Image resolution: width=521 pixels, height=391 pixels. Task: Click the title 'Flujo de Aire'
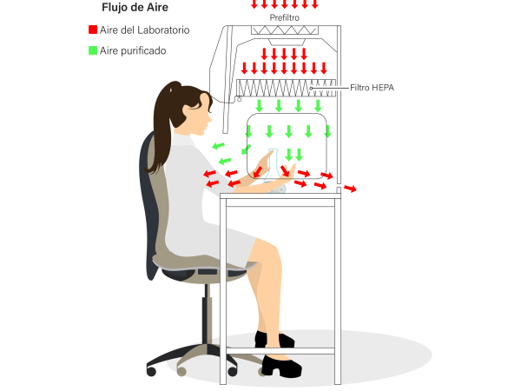135,7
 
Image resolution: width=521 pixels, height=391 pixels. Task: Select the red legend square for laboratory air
93,30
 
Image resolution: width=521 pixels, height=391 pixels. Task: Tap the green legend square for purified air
93,50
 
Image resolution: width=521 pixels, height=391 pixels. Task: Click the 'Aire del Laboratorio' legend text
144,30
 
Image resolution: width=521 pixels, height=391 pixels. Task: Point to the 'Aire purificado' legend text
133,51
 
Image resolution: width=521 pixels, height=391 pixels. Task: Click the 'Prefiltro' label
285,17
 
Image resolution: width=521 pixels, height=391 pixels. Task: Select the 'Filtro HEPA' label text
373,88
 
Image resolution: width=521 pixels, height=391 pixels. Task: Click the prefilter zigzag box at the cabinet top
285,30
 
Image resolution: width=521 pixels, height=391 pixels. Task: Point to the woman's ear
204,101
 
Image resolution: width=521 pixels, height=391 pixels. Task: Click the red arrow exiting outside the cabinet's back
350,189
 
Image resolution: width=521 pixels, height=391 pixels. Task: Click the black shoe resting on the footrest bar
274,340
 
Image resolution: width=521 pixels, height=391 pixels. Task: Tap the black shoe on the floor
281,367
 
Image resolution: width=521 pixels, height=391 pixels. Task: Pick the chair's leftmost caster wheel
151,371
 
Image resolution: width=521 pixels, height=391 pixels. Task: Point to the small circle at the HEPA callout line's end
311,88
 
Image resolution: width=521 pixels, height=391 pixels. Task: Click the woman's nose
210,117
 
